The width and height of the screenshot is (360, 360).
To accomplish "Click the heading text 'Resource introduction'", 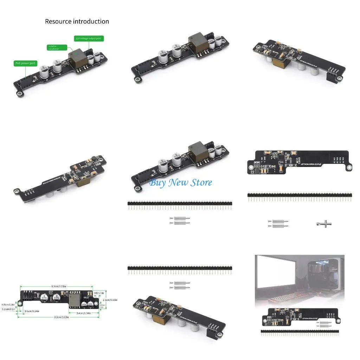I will point(77,21).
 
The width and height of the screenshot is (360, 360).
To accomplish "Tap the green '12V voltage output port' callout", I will point(89,38).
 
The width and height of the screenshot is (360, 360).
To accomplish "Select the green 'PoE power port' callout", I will point(26,64).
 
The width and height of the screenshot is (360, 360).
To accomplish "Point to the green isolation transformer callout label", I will point(57,47).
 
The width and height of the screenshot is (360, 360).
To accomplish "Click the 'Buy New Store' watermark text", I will point(180,182).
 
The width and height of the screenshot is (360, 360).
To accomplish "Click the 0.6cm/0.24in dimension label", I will point(32,311).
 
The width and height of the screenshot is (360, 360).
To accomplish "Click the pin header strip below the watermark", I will point(180,204).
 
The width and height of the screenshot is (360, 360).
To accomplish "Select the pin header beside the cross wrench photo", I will point(300,195).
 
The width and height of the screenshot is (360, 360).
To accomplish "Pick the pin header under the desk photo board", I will point(300,331).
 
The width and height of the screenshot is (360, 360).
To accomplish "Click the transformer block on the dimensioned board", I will point(75,300).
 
